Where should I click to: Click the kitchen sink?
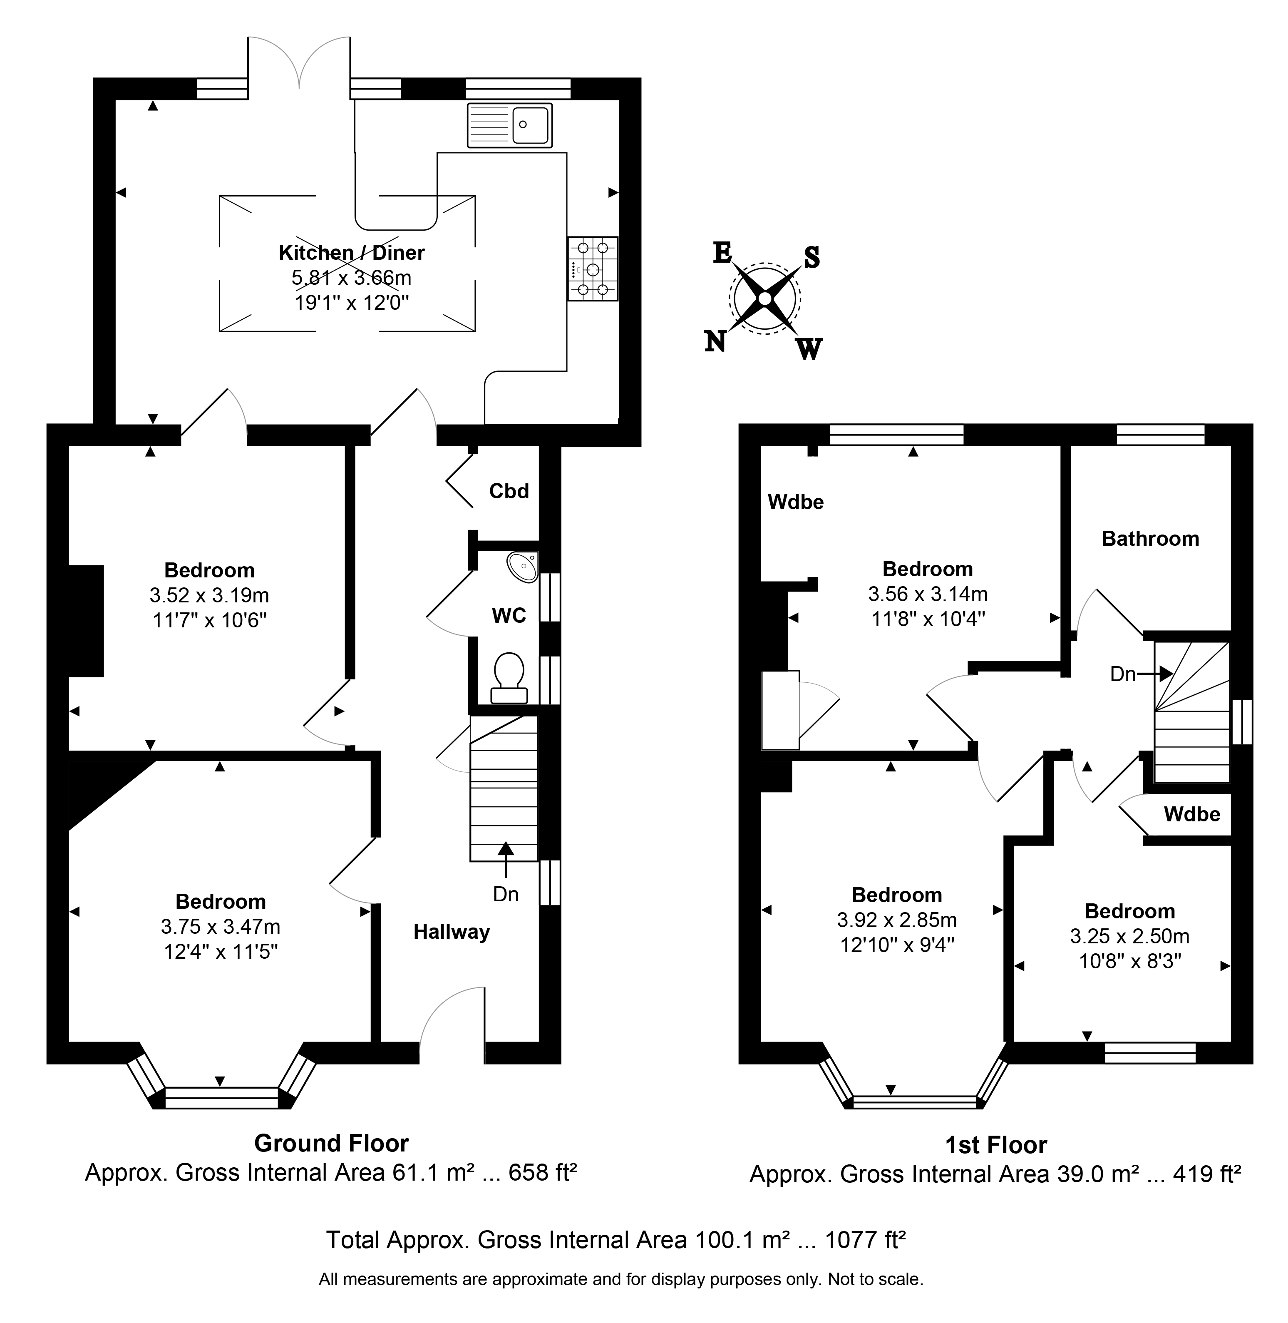pyautogui.click(x=509, y=125)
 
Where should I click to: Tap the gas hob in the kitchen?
pyautogui.click(x=593, y=269)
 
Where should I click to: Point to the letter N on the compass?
pyautogui.click(x=715, y=341)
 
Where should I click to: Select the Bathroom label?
pyautogui.click(x=1150, y=539)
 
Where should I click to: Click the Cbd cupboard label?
pyautogui.click(x=509, y=491)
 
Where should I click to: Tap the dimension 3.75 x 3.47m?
pyautogui.click(x=221, y=926)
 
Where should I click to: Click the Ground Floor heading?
pyautogui.click(x=332, y=1143)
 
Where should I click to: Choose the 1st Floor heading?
pyautogui.click(x=996, y=1145)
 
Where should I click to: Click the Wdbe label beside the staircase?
pyautogui.click(x=1192, y=814)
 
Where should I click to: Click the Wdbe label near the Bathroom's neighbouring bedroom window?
pyautogui.click(x=796, y=502)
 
